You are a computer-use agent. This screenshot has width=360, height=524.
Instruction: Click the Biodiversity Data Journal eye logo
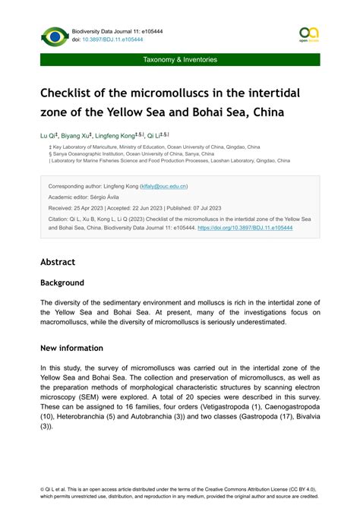55,36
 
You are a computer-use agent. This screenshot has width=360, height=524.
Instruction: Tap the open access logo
308,34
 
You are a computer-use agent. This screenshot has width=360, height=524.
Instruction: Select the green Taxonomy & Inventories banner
180,59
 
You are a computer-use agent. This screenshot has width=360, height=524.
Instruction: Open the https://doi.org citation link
244,227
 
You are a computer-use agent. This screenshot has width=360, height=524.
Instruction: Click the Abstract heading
58,262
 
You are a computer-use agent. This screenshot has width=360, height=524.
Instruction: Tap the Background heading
62,283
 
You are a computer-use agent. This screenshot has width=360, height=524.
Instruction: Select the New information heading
71,348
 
